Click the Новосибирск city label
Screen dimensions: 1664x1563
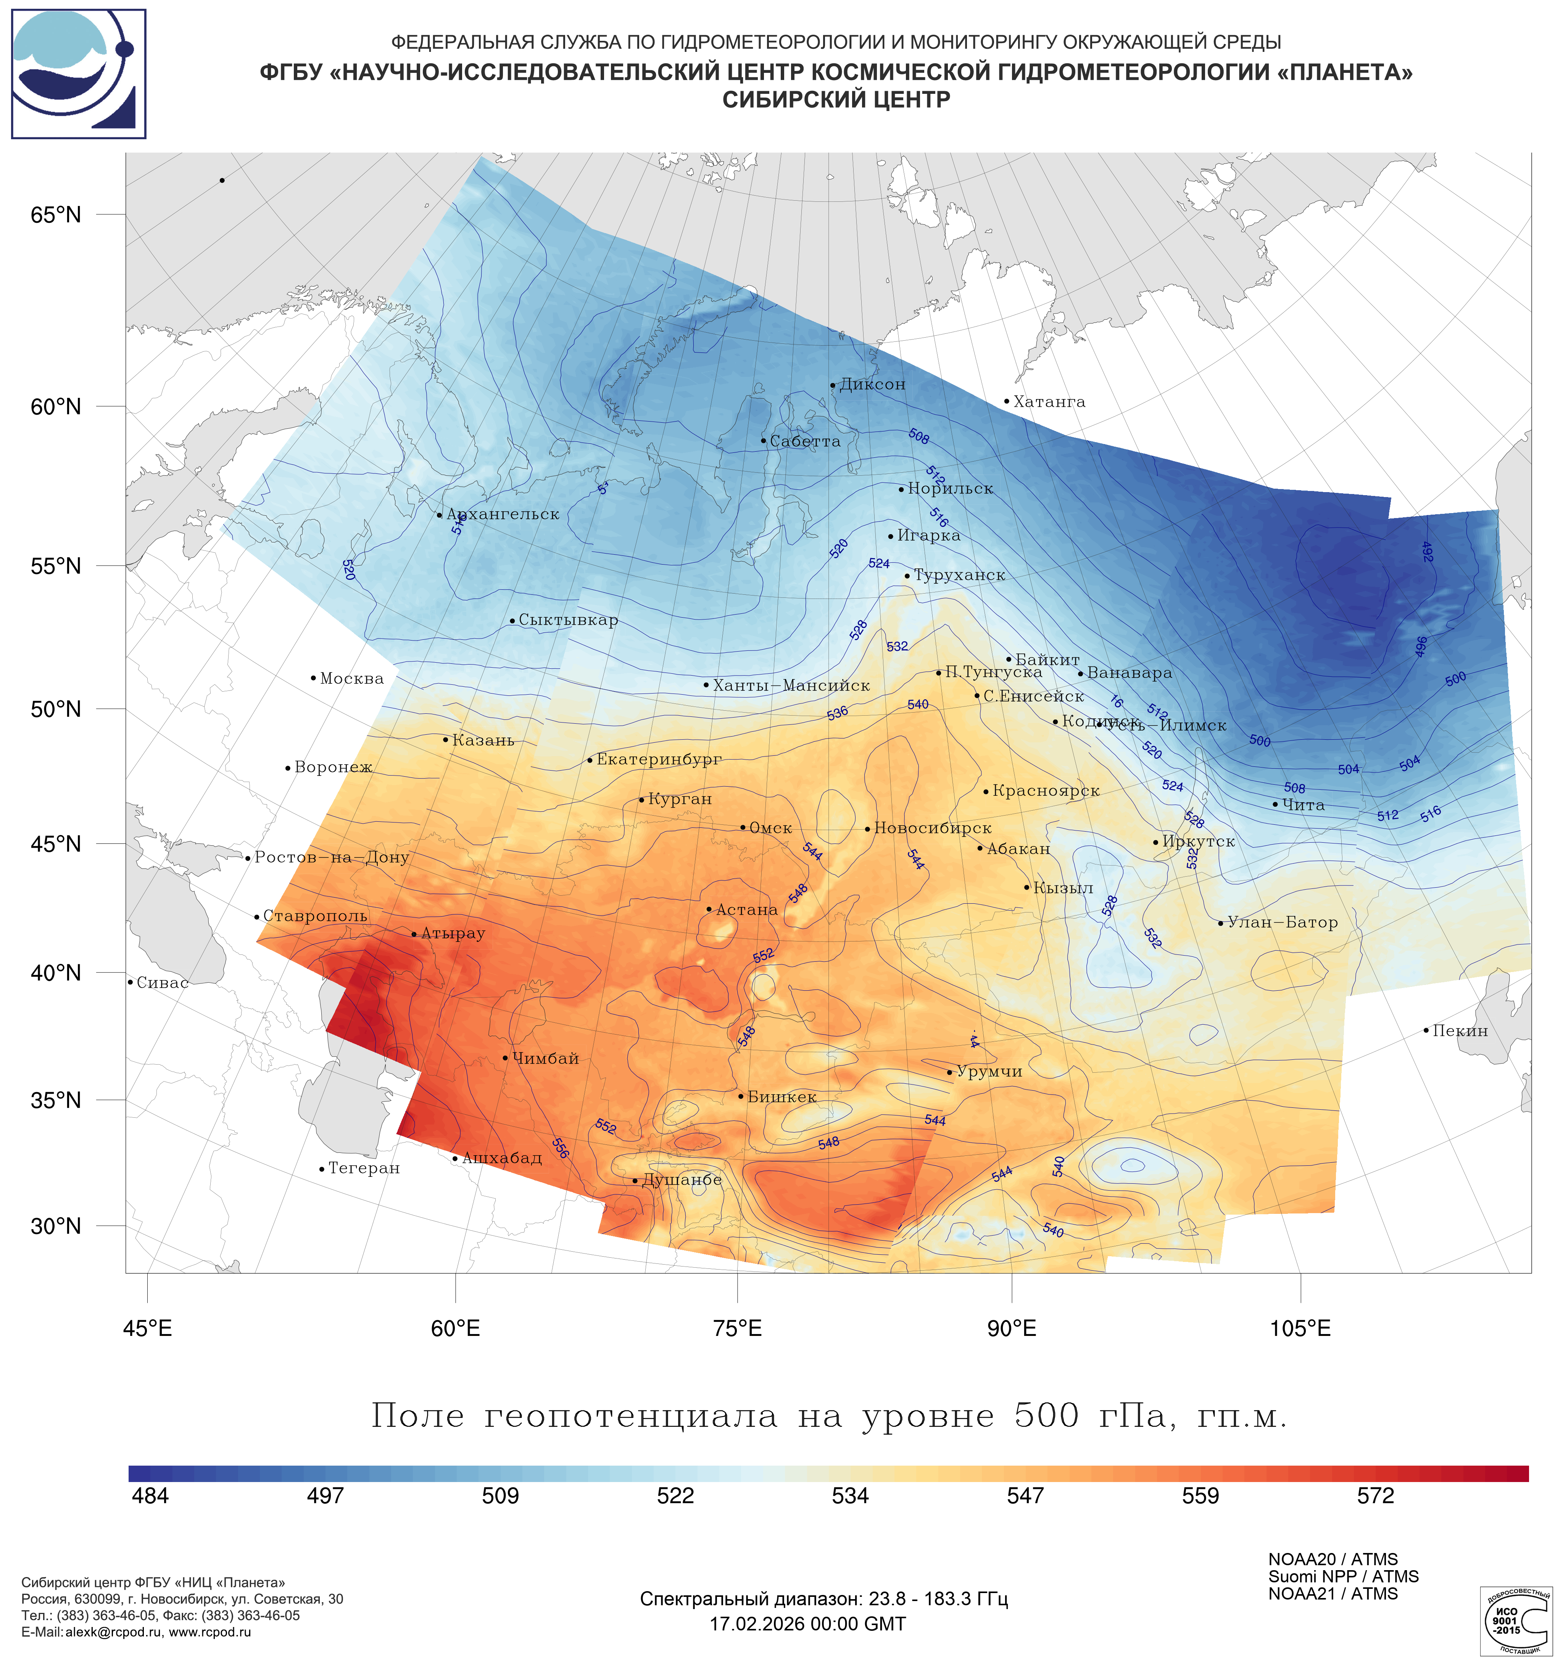tap(933, 828)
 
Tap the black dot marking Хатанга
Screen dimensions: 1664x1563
tap(1006, 401)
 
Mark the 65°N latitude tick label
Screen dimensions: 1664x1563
tap(56, 215)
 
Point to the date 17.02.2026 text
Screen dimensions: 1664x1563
tap(807, 1624)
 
